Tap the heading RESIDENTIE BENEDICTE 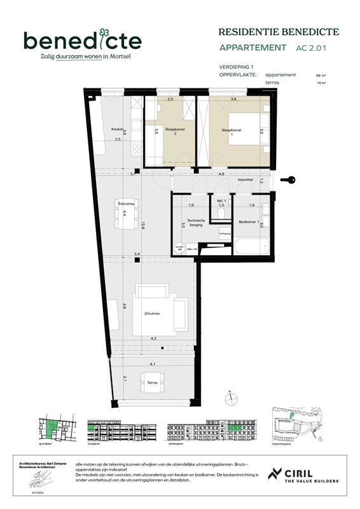coord(278,31)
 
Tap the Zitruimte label coord(151,314)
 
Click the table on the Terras coord(152,382)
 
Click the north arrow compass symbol coord(229,400)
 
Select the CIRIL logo coord(301,475)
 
